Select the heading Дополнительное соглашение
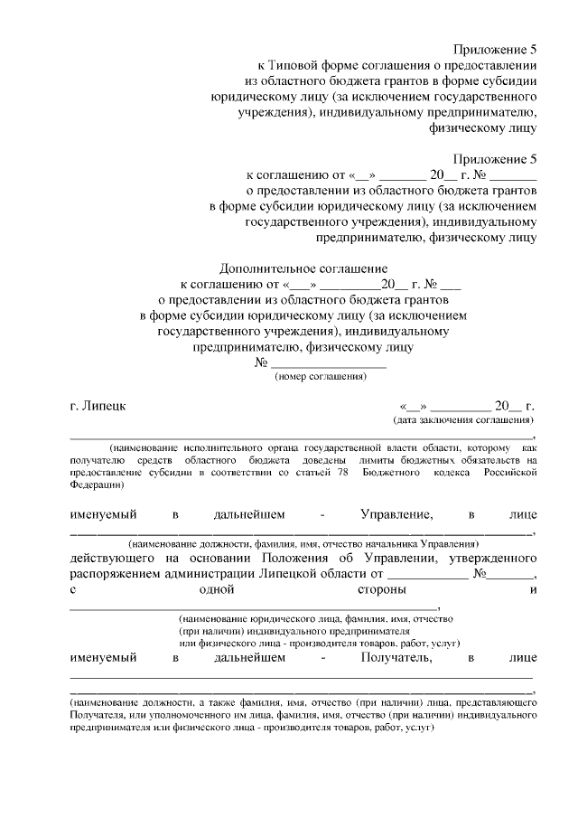[x=303, y=268]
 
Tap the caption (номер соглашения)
[x=321, y=377]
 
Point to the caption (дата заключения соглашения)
[x=462, y=420]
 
